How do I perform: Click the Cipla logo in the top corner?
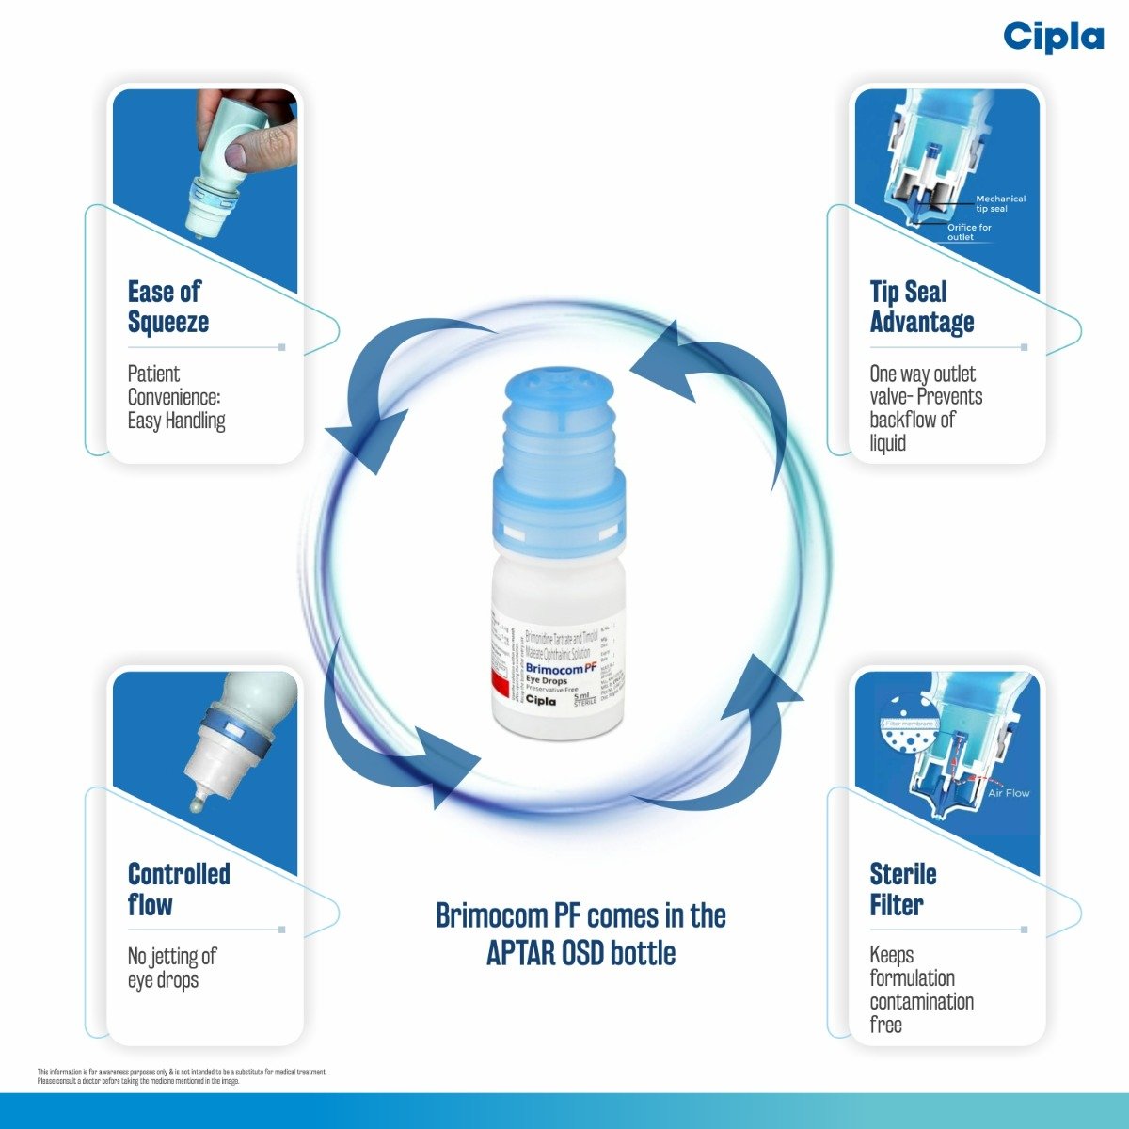pos(1053,38)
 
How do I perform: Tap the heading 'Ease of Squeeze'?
pos(168,307)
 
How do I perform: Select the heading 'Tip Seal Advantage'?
pos(921,307)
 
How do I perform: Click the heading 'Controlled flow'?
pos(178,889)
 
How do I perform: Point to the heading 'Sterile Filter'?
pos(902,889)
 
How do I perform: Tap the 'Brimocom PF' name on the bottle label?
pos(561,668)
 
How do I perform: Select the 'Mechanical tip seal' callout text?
pos(999,203)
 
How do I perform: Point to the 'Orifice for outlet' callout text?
pos(968,231)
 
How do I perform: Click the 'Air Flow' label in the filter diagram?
pos(1008,793)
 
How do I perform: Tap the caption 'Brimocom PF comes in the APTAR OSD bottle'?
pos(580,933)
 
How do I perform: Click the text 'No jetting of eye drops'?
pos(172,968)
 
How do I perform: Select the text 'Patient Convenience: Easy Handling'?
pos(176,397)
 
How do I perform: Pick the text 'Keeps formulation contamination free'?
pos(920,990)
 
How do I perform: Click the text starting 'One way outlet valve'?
pos(925,408)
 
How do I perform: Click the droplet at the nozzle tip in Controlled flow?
pos(197,806)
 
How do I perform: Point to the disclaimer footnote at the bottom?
pos(183,1076)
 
